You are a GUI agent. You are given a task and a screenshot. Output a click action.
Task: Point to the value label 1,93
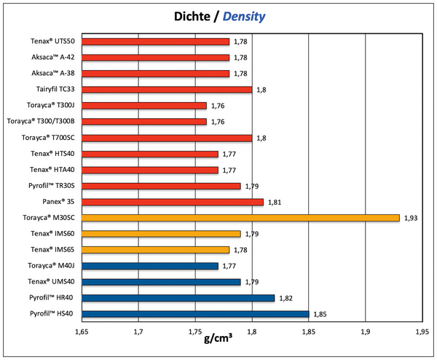[x=411, y=218]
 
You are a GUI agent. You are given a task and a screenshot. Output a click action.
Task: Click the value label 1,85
[x=320, y=314]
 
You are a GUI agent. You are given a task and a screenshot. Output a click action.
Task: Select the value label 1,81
[x=275, y=202]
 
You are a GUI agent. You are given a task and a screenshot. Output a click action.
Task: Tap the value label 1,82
[x=286, y=298]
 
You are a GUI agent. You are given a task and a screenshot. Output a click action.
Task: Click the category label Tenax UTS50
[x=49, y=42]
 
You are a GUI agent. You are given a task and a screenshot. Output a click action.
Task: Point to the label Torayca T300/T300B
[x=41, y=122]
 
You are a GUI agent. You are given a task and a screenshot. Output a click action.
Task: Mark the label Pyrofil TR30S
[x=50, y=186]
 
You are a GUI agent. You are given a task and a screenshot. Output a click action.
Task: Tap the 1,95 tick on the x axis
[x=422, y=332]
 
